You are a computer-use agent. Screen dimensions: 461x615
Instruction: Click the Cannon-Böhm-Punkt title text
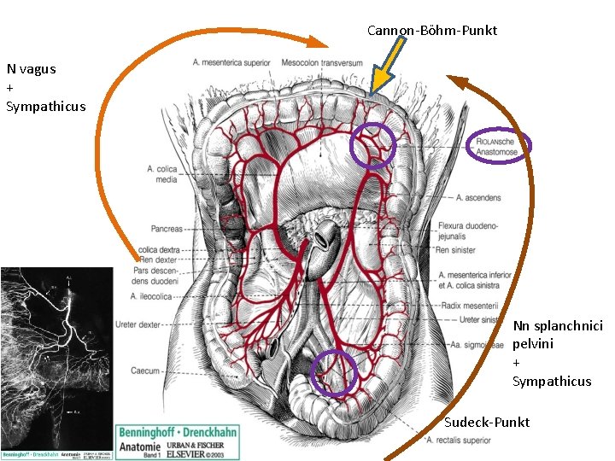[x=431, y=31]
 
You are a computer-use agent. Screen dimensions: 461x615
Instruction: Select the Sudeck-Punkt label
[x=487, y=423]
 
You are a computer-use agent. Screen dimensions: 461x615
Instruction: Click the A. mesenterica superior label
[x=231, y=62]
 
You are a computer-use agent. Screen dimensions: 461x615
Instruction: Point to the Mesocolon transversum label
[x=322, y=62]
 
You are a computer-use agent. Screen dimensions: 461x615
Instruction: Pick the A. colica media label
[x=161, y=174]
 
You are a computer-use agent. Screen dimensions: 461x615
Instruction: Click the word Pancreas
[x=166, y=229]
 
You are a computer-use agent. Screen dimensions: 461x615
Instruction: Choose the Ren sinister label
[x=455, y=250]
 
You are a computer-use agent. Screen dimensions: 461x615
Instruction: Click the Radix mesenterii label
[x=471, y=306]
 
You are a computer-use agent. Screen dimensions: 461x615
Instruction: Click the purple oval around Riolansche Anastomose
[x=500, y=146]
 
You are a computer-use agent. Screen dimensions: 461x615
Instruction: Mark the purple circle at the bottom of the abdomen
[x=333, y=373]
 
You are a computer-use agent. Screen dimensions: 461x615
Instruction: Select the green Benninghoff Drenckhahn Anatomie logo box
[x=179, y=442]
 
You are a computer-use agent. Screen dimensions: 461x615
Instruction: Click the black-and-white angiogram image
[x=56, y=359]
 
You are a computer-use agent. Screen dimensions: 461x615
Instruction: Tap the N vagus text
[x=32, y=69]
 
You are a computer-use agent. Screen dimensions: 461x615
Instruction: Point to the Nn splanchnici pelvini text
[x=557, y=335]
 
